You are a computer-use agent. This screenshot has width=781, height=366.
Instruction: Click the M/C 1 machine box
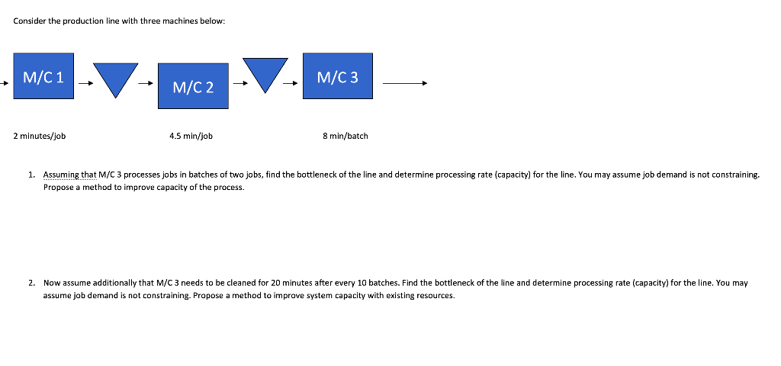click(43, 77)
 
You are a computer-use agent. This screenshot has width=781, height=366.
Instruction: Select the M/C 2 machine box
click(193, 87)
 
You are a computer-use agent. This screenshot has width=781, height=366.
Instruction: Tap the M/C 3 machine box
click(337, 76)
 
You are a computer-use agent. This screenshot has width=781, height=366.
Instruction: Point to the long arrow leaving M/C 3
click(405, 83)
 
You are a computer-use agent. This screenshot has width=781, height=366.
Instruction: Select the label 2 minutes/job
click(40, 136)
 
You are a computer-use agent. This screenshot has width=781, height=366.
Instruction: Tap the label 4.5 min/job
click(191, 136)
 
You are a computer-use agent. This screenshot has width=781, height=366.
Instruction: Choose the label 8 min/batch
click(346, 136)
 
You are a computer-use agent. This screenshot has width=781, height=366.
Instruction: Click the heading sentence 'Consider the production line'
click(119, 21)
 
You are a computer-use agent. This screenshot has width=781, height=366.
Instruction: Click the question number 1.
click(31, 175)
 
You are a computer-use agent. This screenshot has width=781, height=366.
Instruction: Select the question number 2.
click(31, 283)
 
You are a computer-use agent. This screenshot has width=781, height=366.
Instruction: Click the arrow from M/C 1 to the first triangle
click(86, 84)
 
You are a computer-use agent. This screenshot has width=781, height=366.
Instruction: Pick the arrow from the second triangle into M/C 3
click(293, 84)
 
